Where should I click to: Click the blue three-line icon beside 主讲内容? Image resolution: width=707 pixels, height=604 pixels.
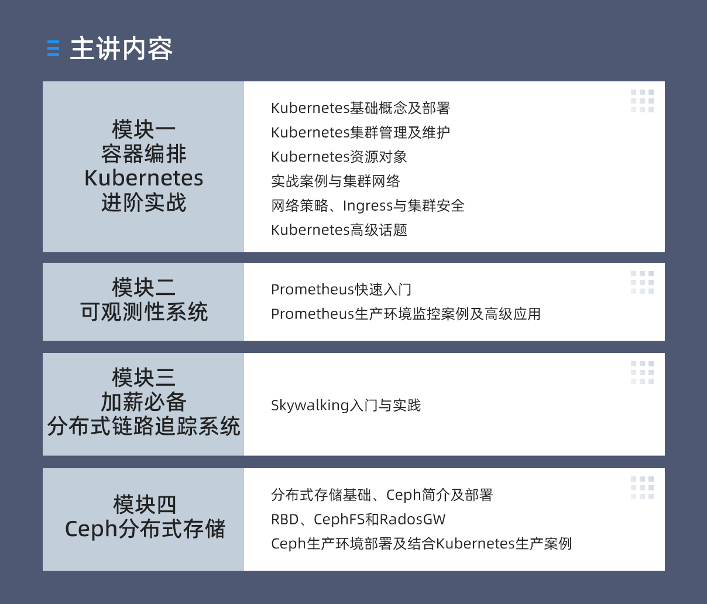tap(53, 48)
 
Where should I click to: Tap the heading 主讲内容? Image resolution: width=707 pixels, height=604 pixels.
tap(121, 49)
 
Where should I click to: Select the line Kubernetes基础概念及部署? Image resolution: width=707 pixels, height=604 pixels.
tap(361, 108)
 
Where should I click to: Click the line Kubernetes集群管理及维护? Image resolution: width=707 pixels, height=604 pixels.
tap(361, 132)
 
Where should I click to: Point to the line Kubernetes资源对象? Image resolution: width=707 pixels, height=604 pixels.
tap(339, 157)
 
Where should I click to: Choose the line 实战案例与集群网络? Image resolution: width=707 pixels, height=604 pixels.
tap(335, 181)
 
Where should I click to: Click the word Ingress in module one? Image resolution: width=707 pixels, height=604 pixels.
tap(368, 206)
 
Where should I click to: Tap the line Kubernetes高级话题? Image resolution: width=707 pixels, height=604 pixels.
tap(339, 230)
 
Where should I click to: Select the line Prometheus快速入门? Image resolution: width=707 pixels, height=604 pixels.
tap(341, 289)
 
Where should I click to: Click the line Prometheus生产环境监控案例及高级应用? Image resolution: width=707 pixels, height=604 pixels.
tap(406, 314)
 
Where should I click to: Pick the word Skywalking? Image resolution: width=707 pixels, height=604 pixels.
tap(310, 406)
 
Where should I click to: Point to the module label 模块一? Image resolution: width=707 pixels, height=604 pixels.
tap(143, 129)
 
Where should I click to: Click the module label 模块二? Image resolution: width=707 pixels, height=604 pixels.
tap(143, 287)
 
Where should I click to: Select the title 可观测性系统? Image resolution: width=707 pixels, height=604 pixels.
tap(143, 311)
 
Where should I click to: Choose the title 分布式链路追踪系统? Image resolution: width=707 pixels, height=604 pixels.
tap(143, 426)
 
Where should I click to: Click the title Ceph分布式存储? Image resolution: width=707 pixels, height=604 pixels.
tap(145, 528)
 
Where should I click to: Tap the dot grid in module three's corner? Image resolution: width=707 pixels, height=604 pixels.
tap(642, 372)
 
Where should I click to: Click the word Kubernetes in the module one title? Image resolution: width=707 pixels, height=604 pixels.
tap(143, 178)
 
